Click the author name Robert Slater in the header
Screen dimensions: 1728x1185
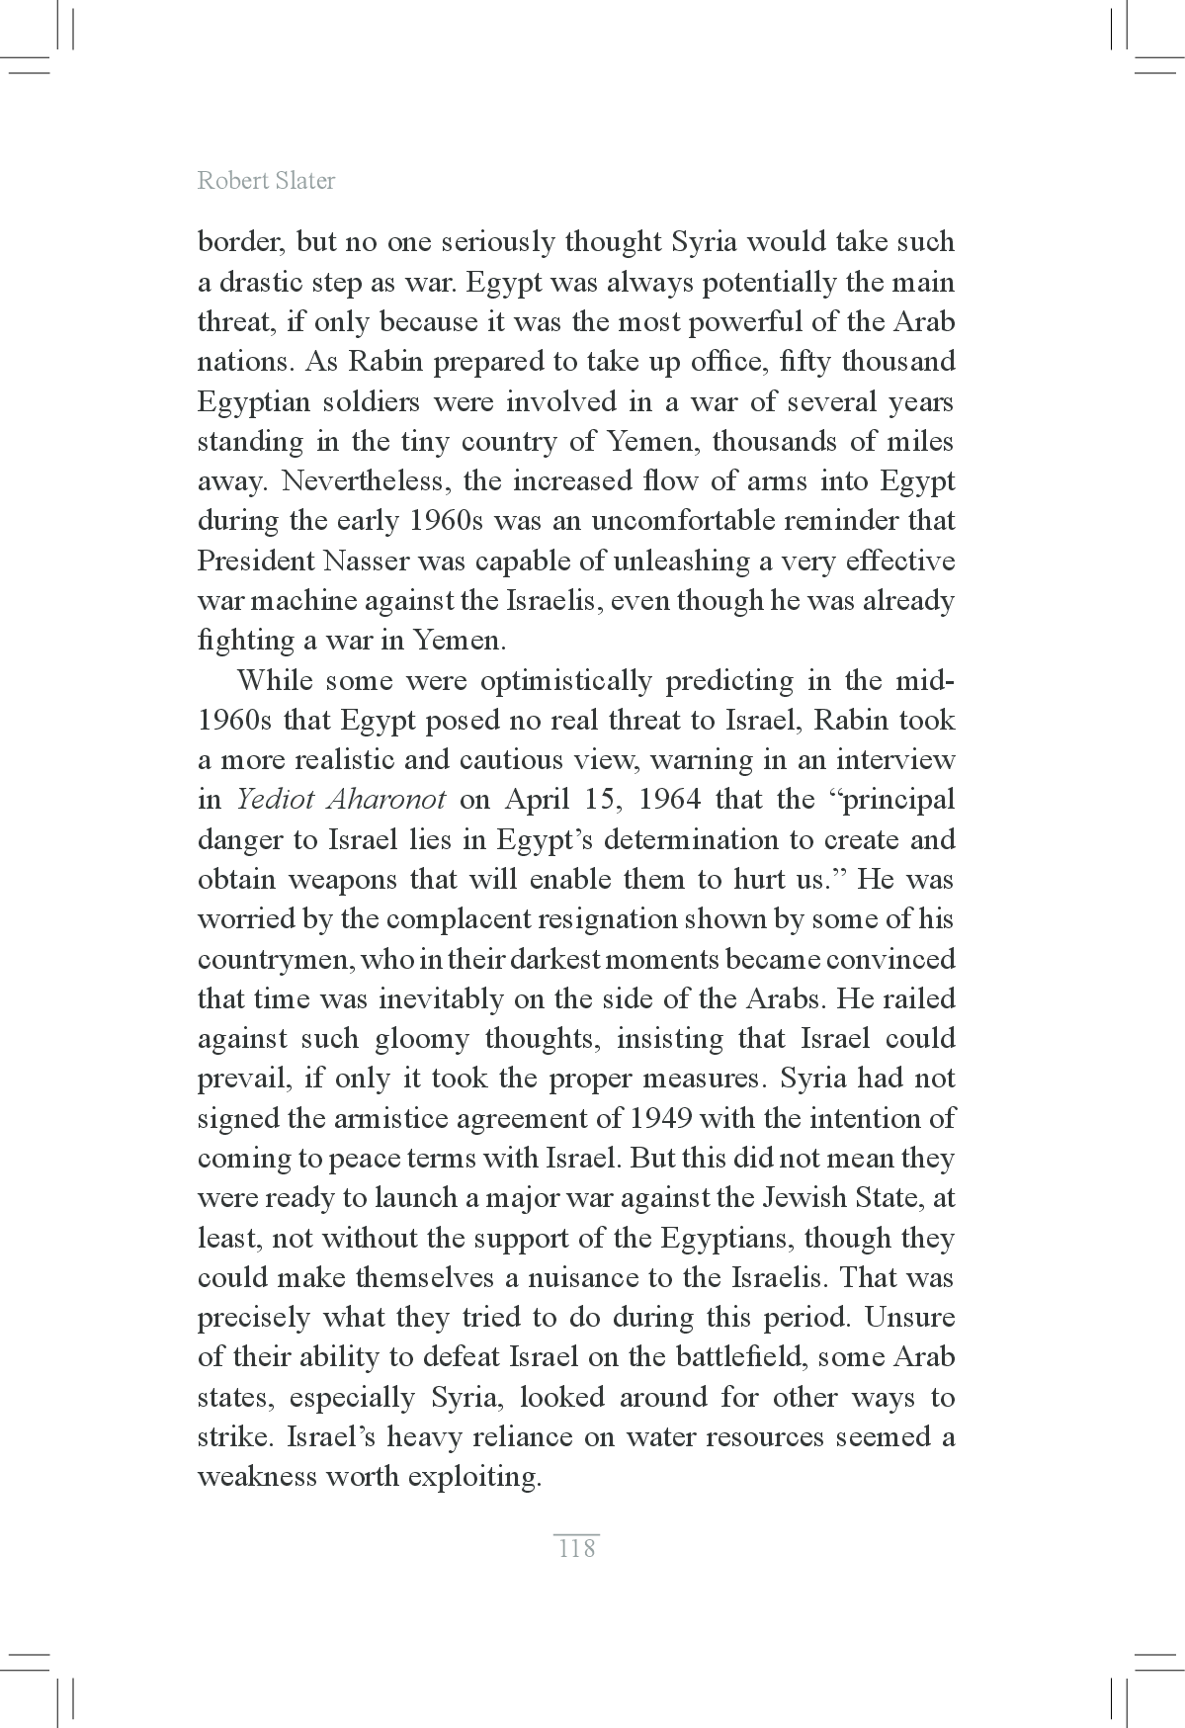click(x=266, y=181)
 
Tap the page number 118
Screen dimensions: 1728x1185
click(x=576, y=1548)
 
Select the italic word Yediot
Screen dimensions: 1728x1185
click(x=276, y=799)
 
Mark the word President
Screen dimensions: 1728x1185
click(x=255, y=561)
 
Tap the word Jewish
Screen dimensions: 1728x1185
click(x=803, y=1198)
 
